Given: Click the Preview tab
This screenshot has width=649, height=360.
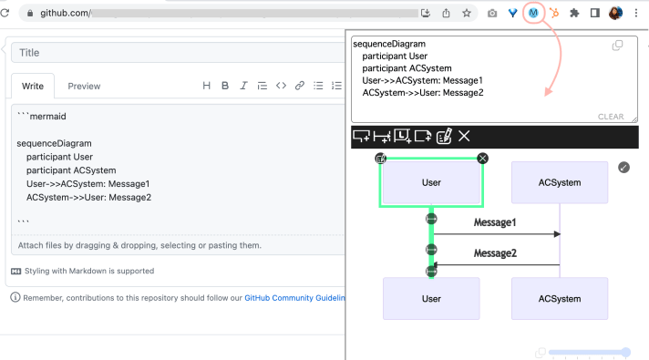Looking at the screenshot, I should tap(84, 86).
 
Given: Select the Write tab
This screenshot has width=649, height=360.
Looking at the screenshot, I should tap(33, 86).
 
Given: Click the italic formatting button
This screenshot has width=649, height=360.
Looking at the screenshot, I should tap(243, 86).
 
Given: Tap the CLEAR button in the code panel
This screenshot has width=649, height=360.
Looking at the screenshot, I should tap(611, 117).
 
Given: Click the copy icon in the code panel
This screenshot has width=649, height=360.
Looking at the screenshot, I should tap(617, 46).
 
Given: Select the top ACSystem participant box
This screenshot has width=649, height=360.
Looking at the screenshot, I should tap(560, 182).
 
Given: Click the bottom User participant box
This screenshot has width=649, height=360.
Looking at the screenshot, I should tap(431, 299).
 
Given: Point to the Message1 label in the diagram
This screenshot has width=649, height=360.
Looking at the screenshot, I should tap(495, 222).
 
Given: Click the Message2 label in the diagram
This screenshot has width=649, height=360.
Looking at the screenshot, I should tap(495, 252).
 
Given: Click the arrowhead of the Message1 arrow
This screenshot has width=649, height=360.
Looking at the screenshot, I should tap(556, 235).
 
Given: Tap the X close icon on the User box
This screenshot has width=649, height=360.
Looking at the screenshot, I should tap(483, 159).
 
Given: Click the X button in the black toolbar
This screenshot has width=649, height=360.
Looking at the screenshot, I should tap(464, 137).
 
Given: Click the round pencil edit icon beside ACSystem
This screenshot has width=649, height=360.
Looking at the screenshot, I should tap(623, 167).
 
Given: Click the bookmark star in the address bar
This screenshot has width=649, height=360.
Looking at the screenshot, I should tap(467, 14).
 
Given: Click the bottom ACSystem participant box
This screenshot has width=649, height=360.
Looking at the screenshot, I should tap(560, 299).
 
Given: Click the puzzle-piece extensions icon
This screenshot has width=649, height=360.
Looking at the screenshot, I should tap(574, 14).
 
